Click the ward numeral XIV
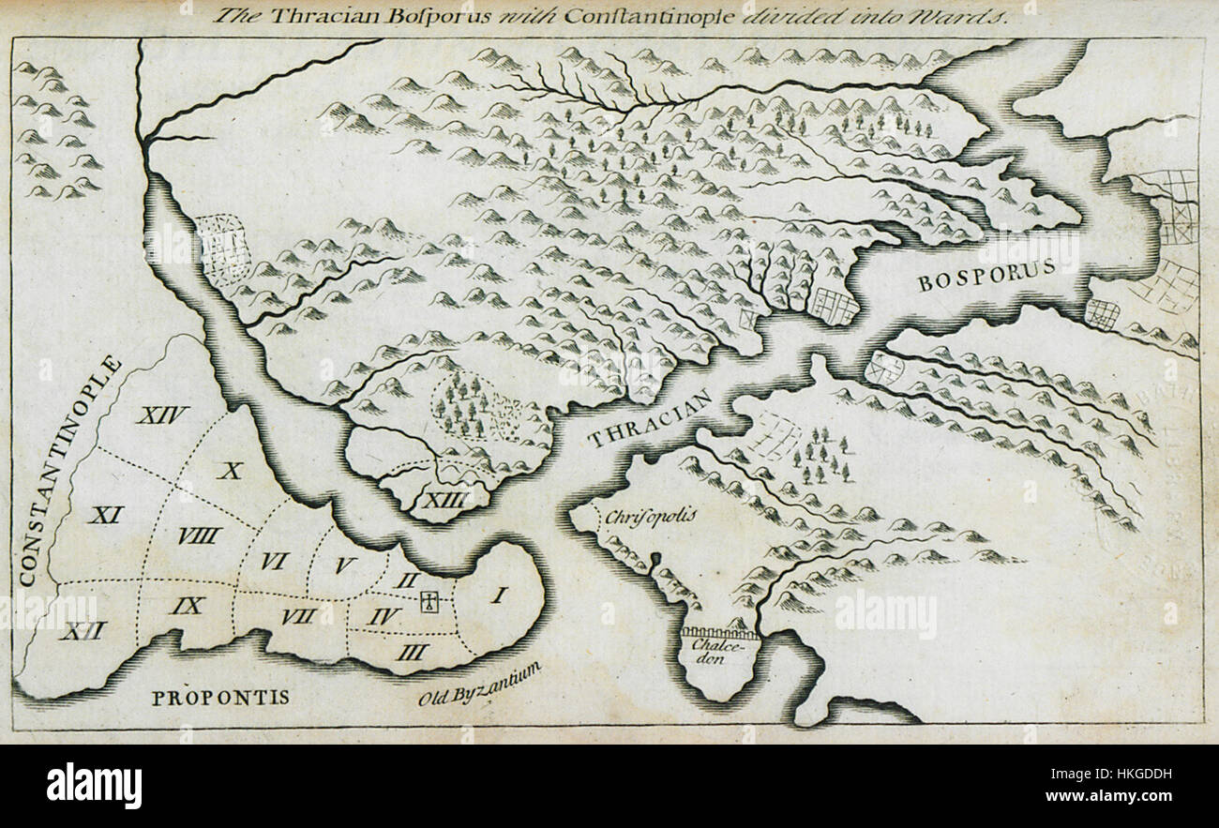[162, 414]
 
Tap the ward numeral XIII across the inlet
[444, 501]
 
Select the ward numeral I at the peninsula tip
[499, 594]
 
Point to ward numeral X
[230, 471]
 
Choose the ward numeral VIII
[199, 535]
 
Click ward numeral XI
[106, 514]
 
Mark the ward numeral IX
[188, 606]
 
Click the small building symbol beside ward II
[429, 602]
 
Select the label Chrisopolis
[638, 517]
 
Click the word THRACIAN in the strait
[650, 418]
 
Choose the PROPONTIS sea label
[220, 698]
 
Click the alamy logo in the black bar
[94, 785]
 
